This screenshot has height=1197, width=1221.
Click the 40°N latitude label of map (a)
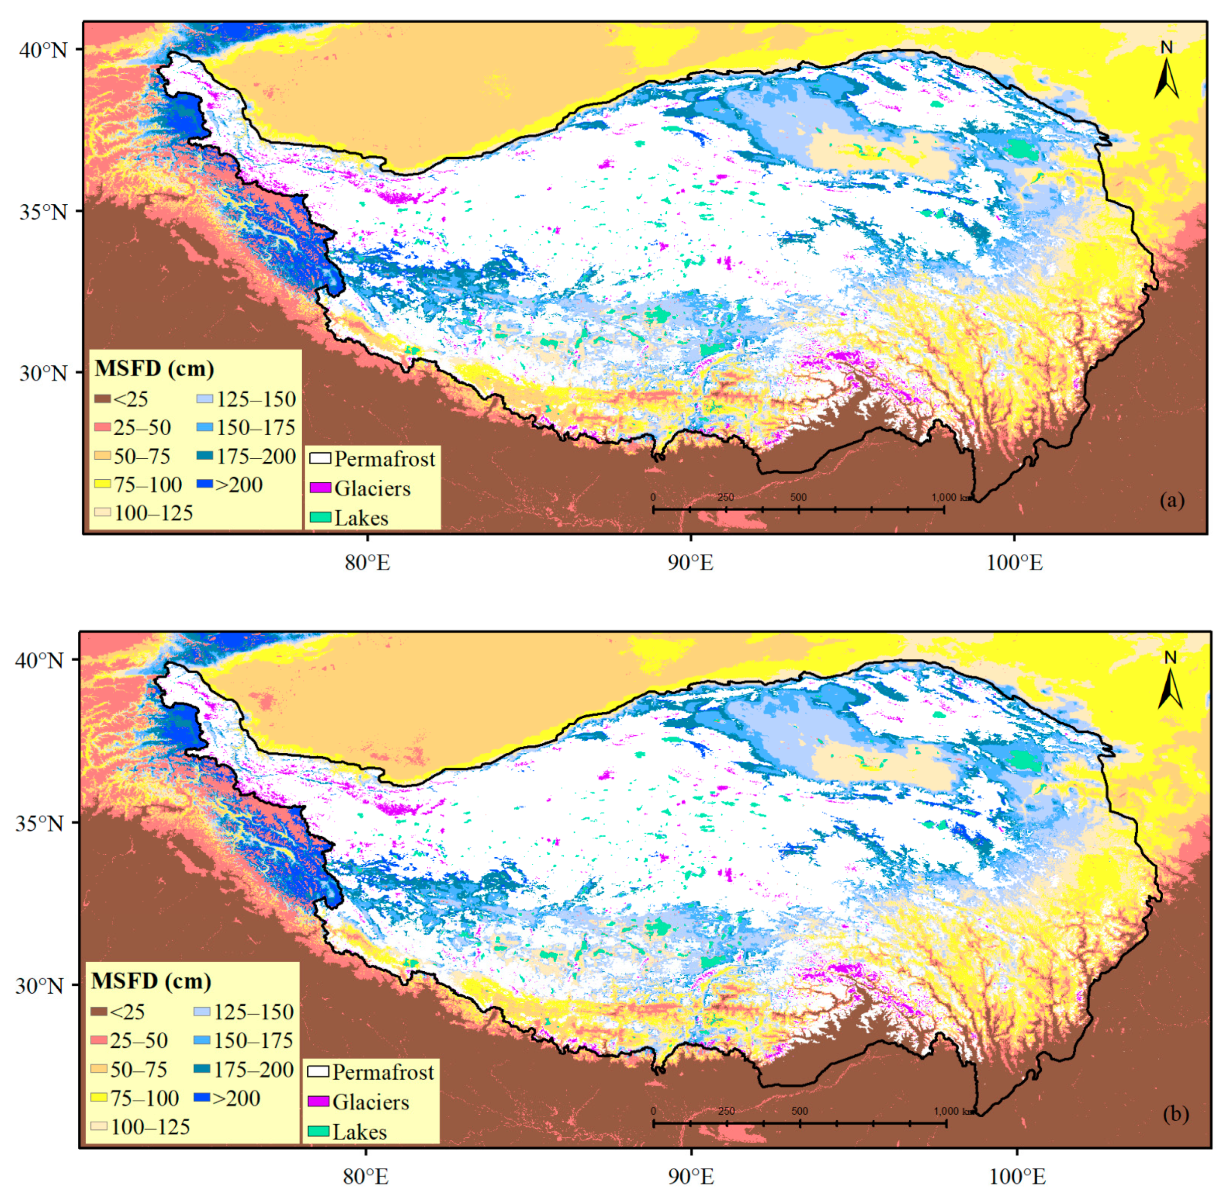coord(43,50)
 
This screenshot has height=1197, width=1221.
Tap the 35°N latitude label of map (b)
coord(40,823)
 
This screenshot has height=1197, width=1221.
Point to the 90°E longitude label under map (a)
coord(690,563)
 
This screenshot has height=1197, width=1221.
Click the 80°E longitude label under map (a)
coord(367,563)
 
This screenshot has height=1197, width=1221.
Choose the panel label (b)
coord(1176,1114)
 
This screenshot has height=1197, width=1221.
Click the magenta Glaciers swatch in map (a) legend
coord(320,488)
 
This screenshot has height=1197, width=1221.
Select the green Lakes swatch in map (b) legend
coord(318,1132)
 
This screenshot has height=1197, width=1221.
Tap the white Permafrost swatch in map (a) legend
coord(320,459)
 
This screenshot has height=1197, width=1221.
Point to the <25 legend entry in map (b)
coord(119,1012)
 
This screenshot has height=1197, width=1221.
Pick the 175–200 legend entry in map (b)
coord(243,1070)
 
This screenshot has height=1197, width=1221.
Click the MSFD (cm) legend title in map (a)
coord(154,368)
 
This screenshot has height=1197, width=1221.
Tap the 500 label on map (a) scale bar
coord(798,497)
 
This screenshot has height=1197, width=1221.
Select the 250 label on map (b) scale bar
coord(726,1111)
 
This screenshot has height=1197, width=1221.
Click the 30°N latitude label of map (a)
coord(43,373)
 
